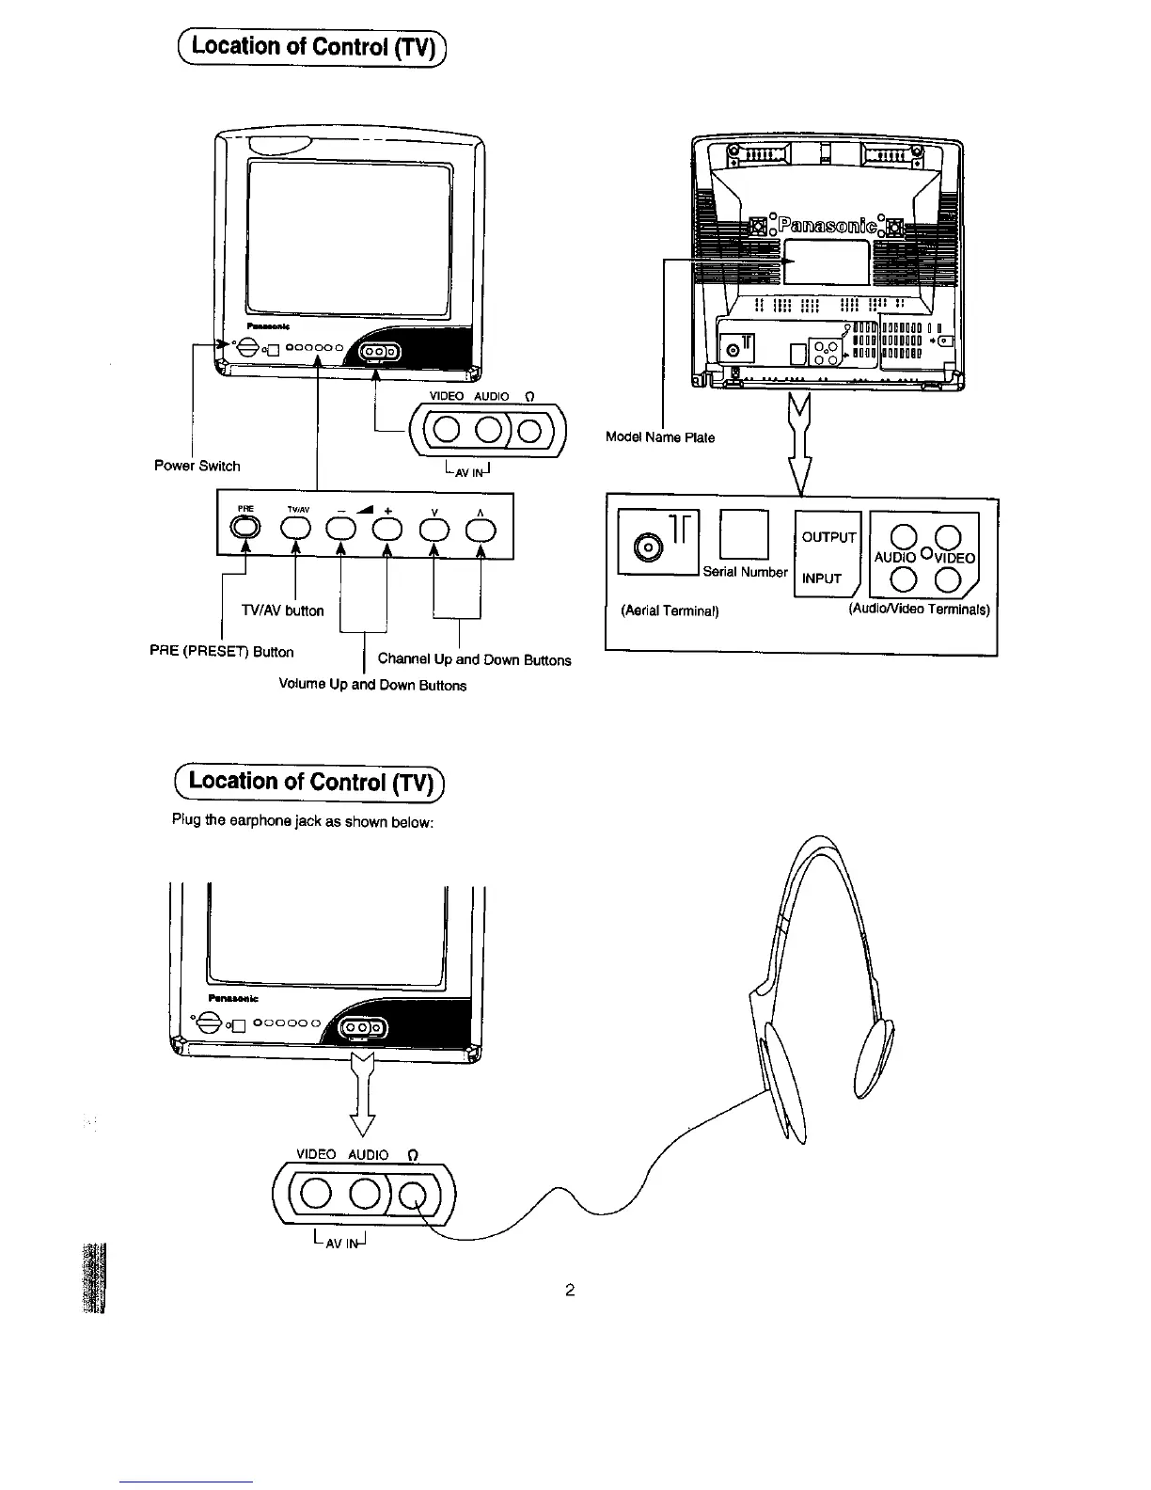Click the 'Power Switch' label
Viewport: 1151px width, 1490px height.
[x=197, y=466]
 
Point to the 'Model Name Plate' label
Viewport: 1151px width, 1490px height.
[x=660, y=437]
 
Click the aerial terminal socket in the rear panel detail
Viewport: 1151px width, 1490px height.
[x=647, y=547]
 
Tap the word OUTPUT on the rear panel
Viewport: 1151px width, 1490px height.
[x=828, y=537]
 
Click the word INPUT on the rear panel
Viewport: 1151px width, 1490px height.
[x=822, y=579]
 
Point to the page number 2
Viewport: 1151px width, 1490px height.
[x=570, y=1290]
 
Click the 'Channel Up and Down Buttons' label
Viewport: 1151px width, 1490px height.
[x=474, y=660]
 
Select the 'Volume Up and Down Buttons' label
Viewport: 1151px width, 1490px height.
[x=372, y=685]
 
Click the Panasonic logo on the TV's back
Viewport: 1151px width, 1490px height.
[x=828, y=227]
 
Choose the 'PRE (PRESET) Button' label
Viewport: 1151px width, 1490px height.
[x=221, y=652]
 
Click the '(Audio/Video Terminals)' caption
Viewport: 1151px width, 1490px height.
[x=919, y=610]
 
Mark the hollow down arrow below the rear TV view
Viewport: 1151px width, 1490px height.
[x=800, y=442]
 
